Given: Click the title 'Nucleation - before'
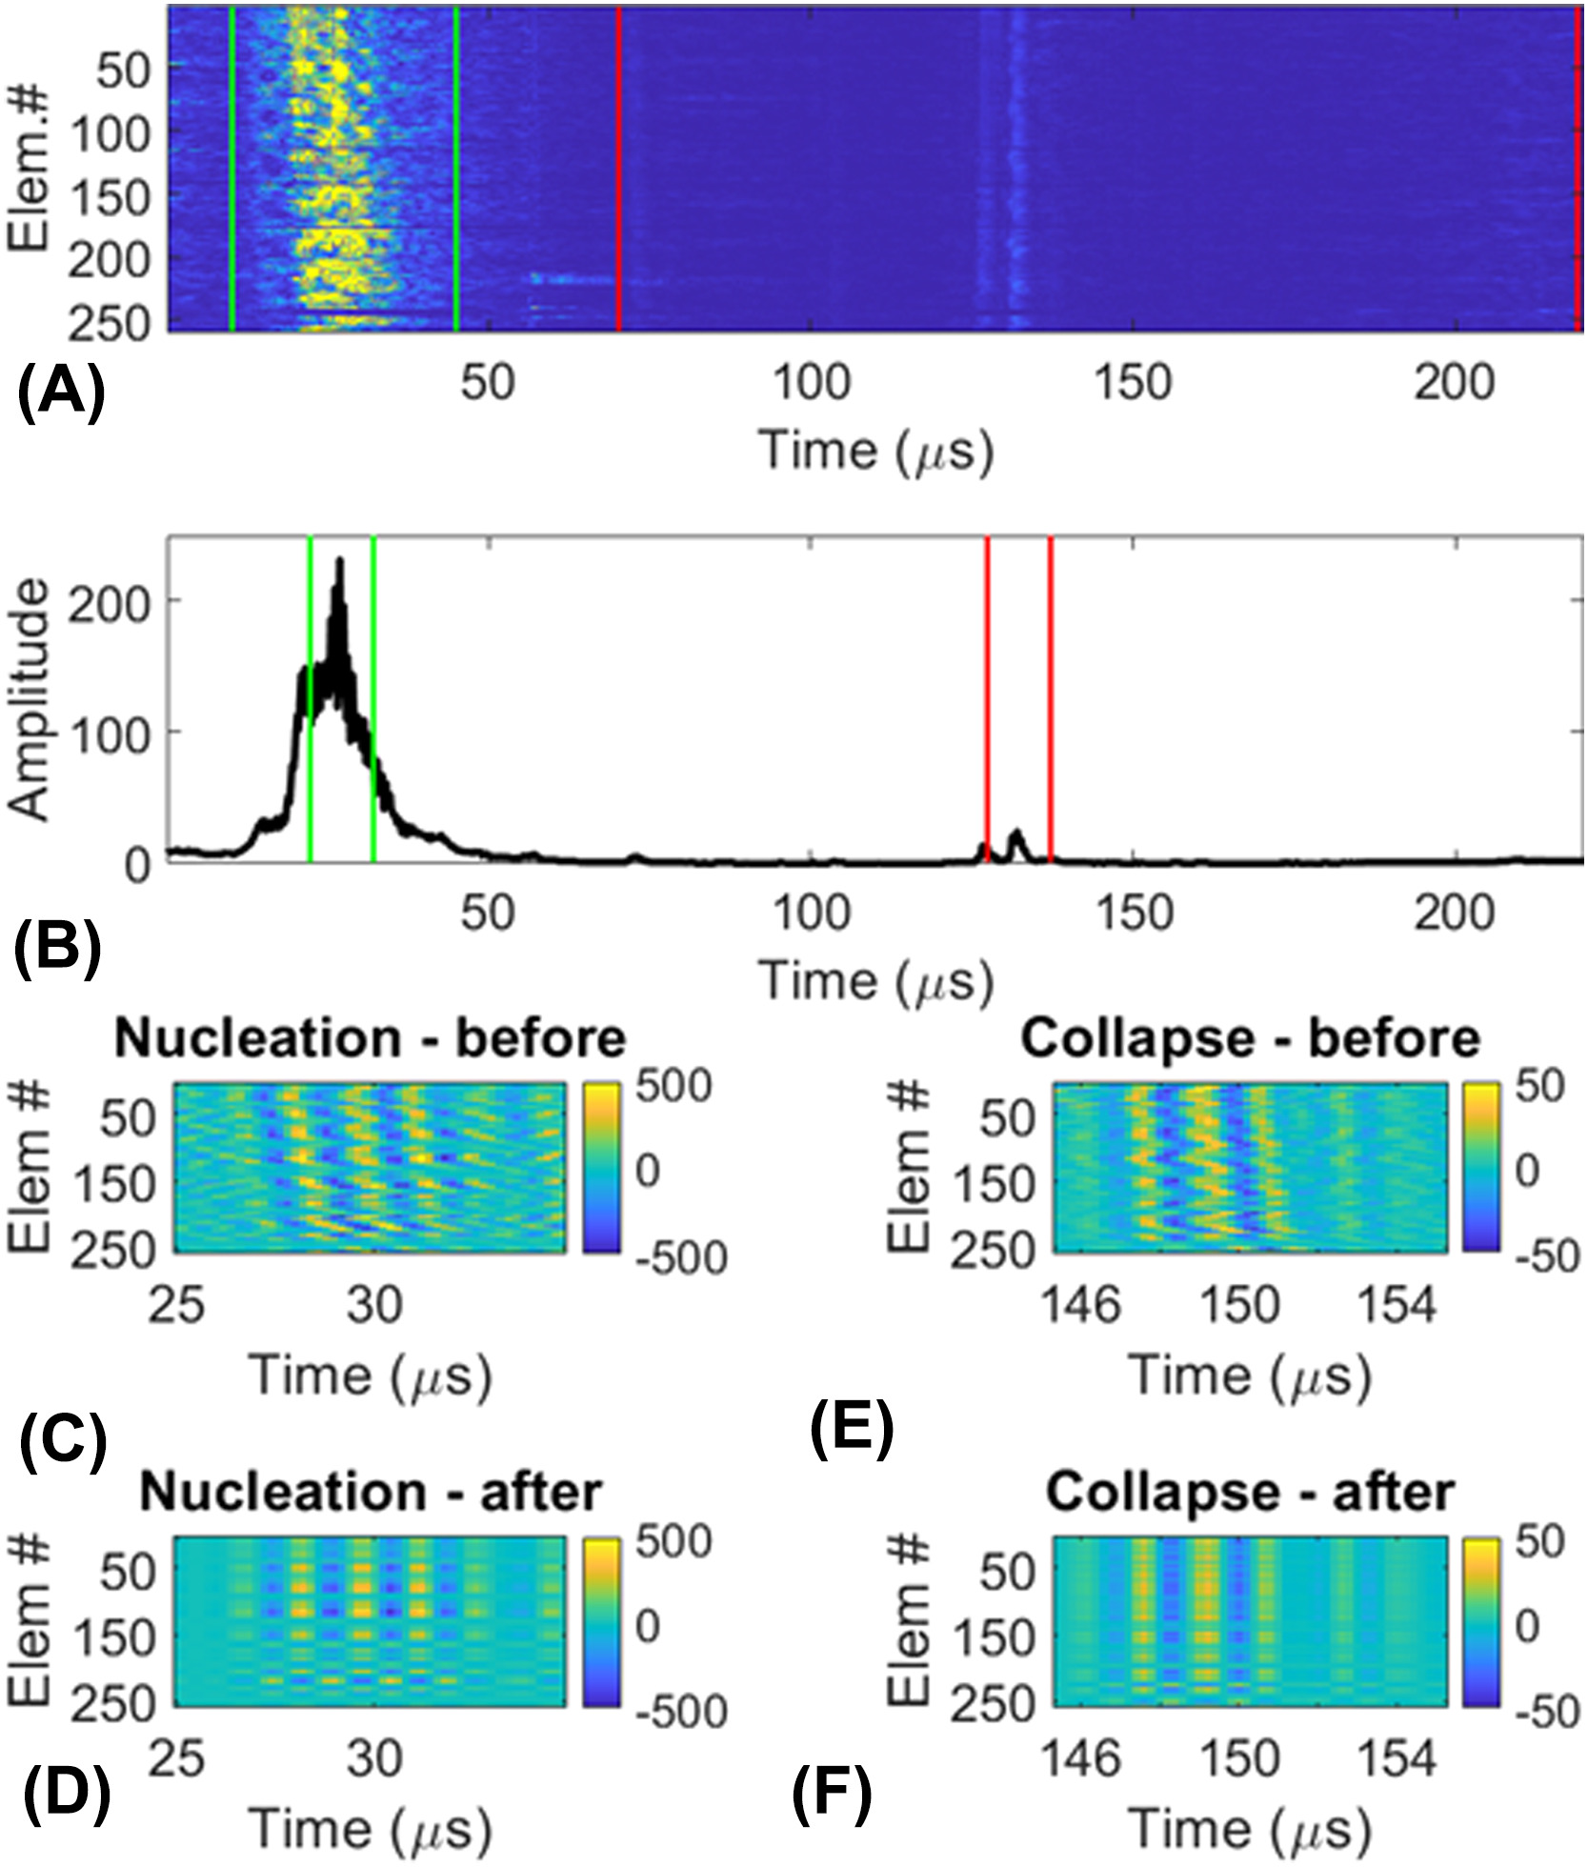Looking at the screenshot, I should click(x=370, y=1039).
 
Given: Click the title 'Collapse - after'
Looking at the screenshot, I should click(x=1250, y=1493).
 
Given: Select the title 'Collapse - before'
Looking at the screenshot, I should click(x=1250, y=1039).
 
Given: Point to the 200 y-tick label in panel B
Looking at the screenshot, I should click(x=110, y=602).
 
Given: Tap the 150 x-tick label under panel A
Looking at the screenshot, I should click(x=1133, y=384).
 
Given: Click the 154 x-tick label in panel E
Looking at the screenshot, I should click(x=1397, y=1304).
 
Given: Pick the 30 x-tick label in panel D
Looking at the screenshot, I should click(x=373, y=1757).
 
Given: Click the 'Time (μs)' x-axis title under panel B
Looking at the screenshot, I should click(x=875, y=981).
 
